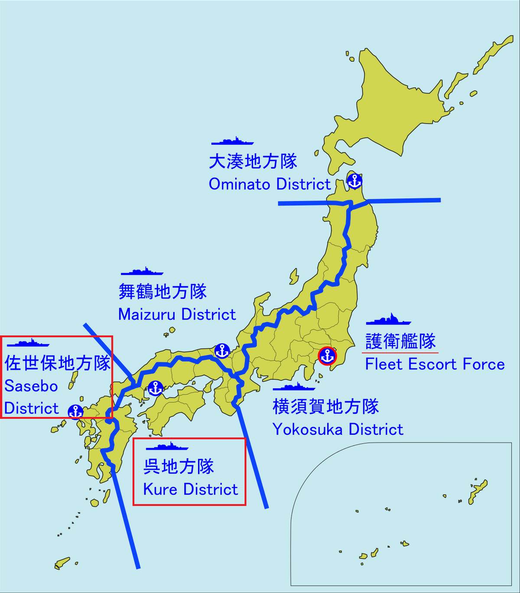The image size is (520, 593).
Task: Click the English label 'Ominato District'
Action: pyautogui.click(x=270, y=184)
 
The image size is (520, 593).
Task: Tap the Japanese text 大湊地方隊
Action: pyautogui.click(x=253, y=161)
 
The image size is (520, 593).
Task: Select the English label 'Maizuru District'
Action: pyautogui.click(x=177, y=314)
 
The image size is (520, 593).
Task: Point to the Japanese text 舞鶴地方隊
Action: pyautogui.click(x=162, y=291)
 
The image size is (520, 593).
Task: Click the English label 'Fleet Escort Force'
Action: pyautogui.click(x=435, y=364)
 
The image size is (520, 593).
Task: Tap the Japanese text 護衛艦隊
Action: pyautogui.click(x=400, y=341)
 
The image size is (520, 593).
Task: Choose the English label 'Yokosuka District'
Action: pyautogui.click(x=338, y=429)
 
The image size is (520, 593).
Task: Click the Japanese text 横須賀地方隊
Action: pyautogui.click(x=325, y=407)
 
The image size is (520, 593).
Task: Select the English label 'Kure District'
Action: pyautogui.click(x=190, y=489)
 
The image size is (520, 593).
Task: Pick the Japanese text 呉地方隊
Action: pyautogui.click(x=179, y=466)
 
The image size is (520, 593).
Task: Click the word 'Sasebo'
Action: pyautogui.click(x=31, y=386)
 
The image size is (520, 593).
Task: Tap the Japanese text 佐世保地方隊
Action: pyautogui.click(x=58, y=363)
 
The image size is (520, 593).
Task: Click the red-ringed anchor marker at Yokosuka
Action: pyautogui.click(x=327, y=356)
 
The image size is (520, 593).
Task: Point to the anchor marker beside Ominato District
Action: pyautogui.click(x=354, y=181)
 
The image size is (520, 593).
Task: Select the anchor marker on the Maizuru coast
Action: pyautogui.click(x=222, y=351)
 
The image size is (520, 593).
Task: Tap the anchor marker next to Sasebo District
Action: pyautogui.click(x=76, y=411)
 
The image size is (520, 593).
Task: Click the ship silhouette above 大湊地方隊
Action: pyautogui.click(x=232, y=141)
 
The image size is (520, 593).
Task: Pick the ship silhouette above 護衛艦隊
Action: pyautogui.click(x=388, y=320)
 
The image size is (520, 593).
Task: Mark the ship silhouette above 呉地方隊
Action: pyautogui.click(x=167, y=446)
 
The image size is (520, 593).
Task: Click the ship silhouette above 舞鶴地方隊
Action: pyautogui.click(x=142, y=272)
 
